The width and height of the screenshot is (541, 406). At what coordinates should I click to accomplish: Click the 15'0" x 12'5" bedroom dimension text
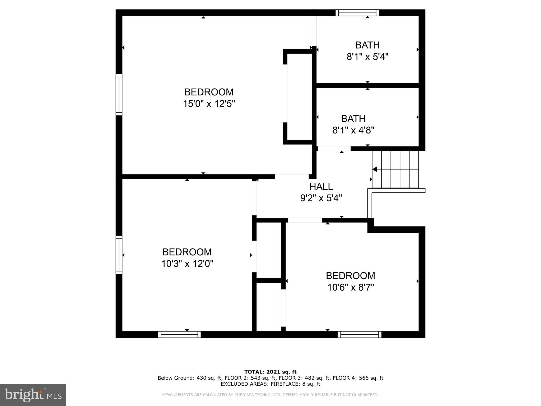click(209, 104)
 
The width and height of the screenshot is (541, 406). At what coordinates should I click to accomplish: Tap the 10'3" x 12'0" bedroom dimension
click(187, 264)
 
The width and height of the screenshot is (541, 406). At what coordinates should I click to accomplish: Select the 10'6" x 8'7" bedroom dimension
click(351, 287)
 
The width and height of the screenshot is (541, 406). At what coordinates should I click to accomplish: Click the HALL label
click(321, 187)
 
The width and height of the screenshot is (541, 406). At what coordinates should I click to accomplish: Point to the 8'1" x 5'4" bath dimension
click(367, 57)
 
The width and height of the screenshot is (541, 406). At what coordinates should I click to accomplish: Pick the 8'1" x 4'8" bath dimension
click(353, 130)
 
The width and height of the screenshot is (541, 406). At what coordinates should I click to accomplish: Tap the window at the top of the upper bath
click(357, 13)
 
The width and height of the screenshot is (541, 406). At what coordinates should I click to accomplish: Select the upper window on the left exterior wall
click(119, 95)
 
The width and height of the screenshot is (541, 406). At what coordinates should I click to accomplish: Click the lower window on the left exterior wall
click(119, 255)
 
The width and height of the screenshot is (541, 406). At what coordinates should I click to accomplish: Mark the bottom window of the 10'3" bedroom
click(179, 335)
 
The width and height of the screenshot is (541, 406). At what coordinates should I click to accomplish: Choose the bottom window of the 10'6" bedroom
click(360, 335)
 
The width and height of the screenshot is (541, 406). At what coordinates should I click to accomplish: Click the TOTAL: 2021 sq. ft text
click(270, 372)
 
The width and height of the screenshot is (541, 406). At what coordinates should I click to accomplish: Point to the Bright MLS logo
click(33, 395)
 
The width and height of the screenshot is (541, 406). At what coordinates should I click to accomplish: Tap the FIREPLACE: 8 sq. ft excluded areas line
click(270, 384)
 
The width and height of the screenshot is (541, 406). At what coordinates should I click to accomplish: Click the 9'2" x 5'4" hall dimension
click(321, 198)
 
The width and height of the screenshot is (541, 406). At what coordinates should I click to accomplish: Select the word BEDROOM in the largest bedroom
click(209, 92)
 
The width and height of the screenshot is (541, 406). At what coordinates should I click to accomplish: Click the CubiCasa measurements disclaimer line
click(270, 395)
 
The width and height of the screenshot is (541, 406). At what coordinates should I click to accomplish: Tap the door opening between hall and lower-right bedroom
click(305, 220)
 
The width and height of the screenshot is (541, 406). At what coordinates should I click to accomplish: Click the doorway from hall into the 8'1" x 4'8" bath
click(334, 149)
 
